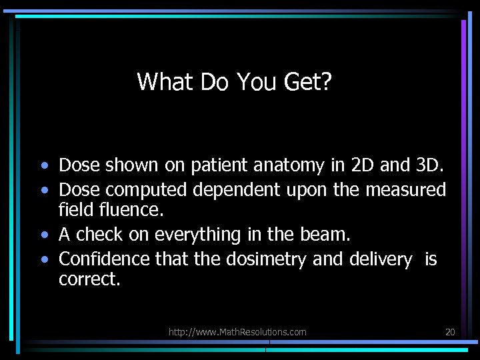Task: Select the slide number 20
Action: click(449, 332)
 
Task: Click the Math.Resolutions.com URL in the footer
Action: click(237, 332)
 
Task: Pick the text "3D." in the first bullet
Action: click(428, 164)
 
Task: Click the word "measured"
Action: click(405, 190)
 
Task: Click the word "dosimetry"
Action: click(263, 259)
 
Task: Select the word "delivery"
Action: click(380, 259)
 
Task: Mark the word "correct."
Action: click(90, 279)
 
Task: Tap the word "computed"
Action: click(147, 190)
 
